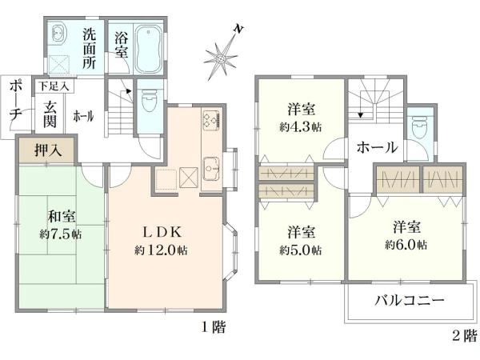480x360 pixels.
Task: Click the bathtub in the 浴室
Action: [x=148, y=49]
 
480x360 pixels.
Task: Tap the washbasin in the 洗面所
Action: [x=58, y=33]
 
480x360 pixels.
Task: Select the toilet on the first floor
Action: [x=150, y=98]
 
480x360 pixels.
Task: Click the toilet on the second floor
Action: [x=420, y=127]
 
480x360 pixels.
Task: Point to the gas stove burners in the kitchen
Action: [x=211, y=119]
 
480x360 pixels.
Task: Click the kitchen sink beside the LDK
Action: [x=211, y=168]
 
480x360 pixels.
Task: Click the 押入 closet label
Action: [x=48, y=150]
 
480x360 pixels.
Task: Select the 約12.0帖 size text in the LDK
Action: [x=161, y=250]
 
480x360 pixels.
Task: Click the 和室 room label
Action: [x=62, y=217]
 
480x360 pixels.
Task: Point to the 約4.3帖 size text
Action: [x=300, y=127]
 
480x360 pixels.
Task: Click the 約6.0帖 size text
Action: [x=406, y=244]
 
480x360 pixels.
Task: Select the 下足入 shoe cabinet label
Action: [x=54, y=86]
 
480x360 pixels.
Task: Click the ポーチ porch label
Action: [x=15, y=101]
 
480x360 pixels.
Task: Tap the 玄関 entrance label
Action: [x=50, y=114]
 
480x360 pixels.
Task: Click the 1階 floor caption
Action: [x=214, y=327]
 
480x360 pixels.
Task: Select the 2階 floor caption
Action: [x=465, y=335]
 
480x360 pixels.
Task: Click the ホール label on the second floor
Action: [x=377, y=147]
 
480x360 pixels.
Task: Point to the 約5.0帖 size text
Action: [x=300, y=250]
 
